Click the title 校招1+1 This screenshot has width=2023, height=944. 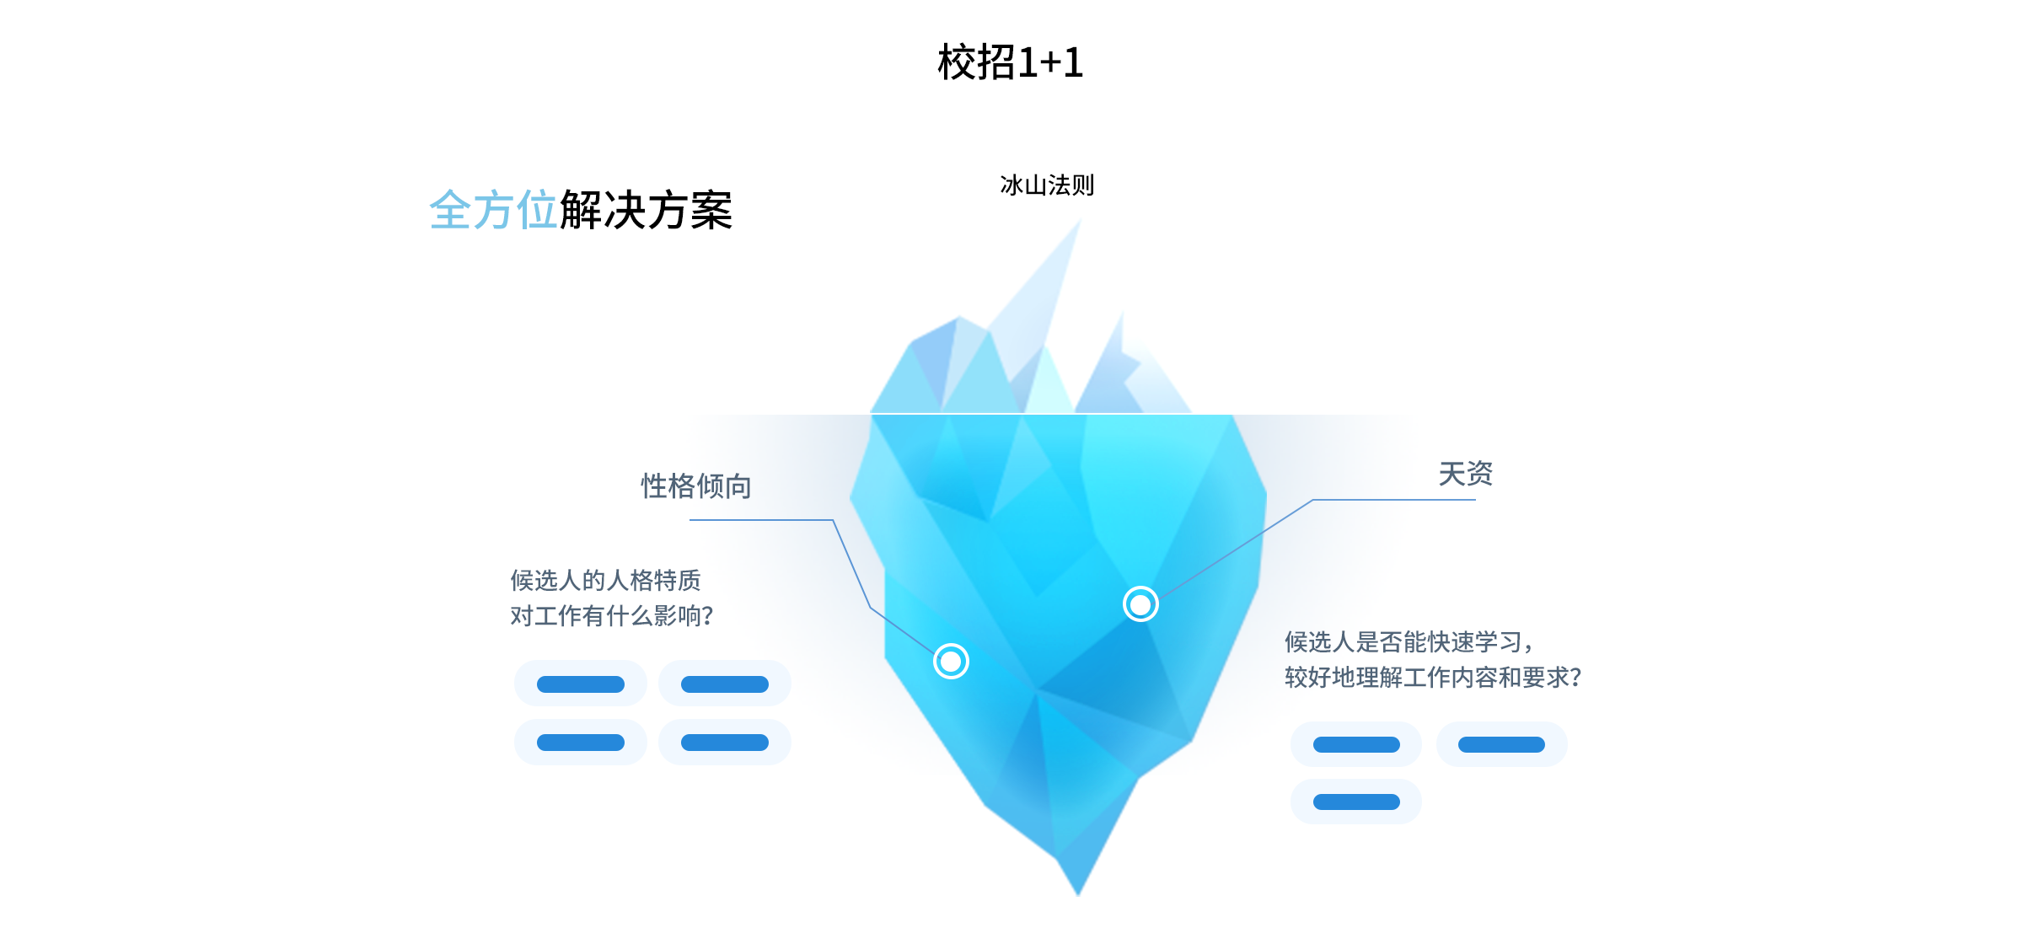(1011, 62)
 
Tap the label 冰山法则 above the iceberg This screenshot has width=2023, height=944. (1047, 185)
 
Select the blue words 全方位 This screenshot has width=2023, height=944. (493, 210)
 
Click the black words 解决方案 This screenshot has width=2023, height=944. (646, 210)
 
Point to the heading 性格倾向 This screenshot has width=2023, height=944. (696, 486)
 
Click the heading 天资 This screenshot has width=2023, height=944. (1465, 474)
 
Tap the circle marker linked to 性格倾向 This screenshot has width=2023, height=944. (951, 662)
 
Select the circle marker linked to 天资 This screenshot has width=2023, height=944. (1140, 604)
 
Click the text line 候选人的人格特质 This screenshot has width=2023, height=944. (605, 580)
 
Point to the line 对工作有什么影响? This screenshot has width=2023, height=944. (612, 616)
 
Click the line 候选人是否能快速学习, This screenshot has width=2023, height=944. (1409, 642)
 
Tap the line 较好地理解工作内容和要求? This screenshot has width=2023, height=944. (1433, 678)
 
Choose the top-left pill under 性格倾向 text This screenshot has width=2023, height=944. (581, 684)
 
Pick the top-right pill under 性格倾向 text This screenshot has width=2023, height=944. (725, 684)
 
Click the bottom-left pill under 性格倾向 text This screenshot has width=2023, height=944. (581, 743)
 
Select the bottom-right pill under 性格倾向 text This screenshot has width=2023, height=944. (725, 743)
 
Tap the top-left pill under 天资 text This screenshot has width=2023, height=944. (1356, 744)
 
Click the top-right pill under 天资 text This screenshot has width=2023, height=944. (1502, 744)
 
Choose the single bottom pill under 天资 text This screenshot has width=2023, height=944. (1356, 802)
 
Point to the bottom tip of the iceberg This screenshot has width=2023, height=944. (1078, 895)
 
